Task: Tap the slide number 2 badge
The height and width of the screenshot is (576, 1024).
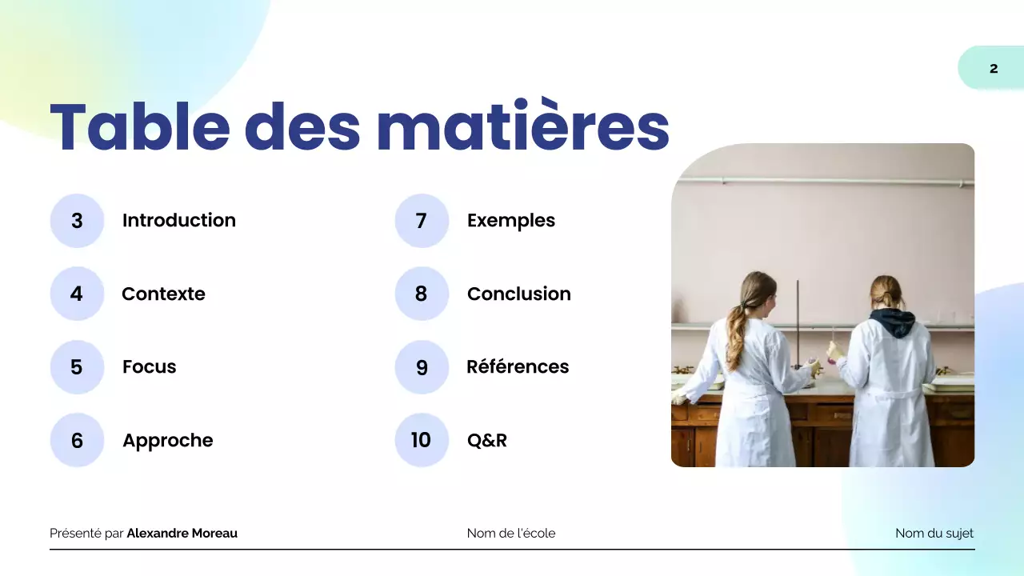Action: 993,68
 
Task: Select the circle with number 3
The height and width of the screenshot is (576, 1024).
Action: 77,221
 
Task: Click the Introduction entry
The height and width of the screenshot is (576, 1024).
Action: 178,221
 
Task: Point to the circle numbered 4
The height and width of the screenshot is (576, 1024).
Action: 77,294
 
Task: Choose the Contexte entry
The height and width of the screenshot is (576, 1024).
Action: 163,294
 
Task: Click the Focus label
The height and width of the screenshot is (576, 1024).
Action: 149,367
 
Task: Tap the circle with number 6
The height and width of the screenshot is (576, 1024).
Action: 77,440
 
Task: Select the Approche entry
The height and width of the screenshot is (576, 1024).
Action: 167,440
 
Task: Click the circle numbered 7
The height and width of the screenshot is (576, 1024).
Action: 422,221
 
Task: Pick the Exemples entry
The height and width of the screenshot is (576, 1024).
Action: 510,221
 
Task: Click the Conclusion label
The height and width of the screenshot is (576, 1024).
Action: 518,294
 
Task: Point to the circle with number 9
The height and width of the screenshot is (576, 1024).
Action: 422,367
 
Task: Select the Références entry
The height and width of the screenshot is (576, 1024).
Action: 518,367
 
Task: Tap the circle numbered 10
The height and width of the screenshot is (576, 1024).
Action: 422,440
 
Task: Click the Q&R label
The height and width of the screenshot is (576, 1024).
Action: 486,440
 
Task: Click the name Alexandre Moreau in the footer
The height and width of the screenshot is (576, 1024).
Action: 182,534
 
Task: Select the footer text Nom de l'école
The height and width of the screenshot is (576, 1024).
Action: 510,534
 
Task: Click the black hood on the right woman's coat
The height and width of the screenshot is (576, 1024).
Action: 892,322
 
